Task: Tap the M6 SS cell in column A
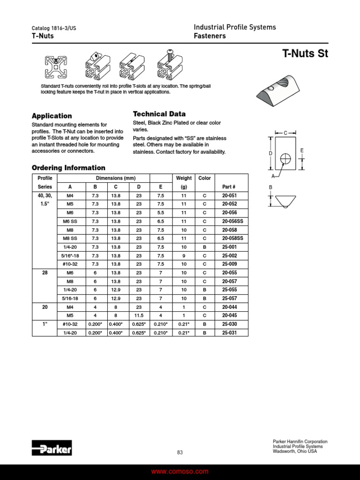pos(70,221)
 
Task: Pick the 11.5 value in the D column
pos(139,315)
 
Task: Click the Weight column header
pos(184,178)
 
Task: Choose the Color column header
pos(204,178)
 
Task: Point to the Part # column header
pos(229,187)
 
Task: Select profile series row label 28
pos(45,272)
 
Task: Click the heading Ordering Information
pos(68,168)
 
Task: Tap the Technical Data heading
pos(159,114)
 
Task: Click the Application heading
pos(52,116)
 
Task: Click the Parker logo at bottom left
pos(52,449)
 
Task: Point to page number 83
pos(180,452)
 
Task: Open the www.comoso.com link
pos(180,472)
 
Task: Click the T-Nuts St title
pos(305,53)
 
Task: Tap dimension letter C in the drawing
pos(285,133)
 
